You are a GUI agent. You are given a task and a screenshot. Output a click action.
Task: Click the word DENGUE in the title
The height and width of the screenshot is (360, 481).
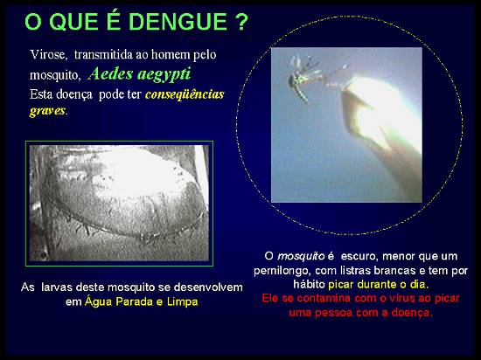tap(178, 22)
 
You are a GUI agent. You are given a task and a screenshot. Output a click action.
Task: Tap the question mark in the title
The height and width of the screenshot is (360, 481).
tap(242, 22)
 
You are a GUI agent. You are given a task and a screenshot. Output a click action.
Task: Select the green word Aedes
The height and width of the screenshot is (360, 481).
tap(110, 73)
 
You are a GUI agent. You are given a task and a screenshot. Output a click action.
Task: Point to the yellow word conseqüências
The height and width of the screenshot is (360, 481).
tap(185, 94)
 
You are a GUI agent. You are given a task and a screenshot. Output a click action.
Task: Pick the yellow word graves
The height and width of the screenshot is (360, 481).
tap(47, 111)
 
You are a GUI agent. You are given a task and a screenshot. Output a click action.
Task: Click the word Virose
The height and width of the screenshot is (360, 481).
tap(47, 54)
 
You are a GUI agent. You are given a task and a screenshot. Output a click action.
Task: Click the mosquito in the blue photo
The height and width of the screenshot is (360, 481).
tap(303, 78)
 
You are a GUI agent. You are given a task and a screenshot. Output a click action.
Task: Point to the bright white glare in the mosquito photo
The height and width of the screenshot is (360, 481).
tap(383, 114)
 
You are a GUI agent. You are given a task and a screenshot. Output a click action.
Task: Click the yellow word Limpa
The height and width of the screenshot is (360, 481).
tap(183, 302)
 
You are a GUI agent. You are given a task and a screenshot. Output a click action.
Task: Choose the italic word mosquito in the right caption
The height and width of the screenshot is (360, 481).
tap(301, 256)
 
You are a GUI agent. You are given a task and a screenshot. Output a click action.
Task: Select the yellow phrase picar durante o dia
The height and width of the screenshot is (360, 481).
tap(377, 285)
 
